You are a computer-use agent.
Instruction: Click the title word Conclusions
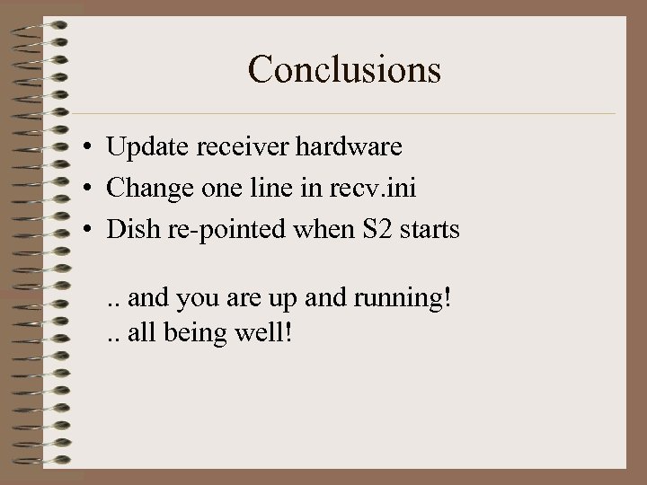(344, 69)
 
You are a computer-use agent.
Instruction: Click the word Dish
(130, 229)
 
